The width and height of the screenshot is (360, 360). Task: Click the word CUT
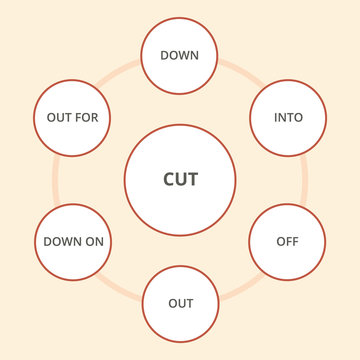point(180,180)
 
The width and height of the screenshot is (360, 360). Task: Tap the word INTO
point(288,118)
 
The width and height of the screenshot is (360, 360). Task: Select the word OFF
point(287,242)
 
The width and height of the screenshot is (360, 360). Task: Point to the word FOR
point(87,118)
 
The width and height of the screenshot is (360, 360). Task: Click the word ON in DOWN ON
point(94,242)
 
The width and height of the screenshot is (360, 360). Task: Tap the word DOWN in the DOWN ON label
point(63,242)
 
